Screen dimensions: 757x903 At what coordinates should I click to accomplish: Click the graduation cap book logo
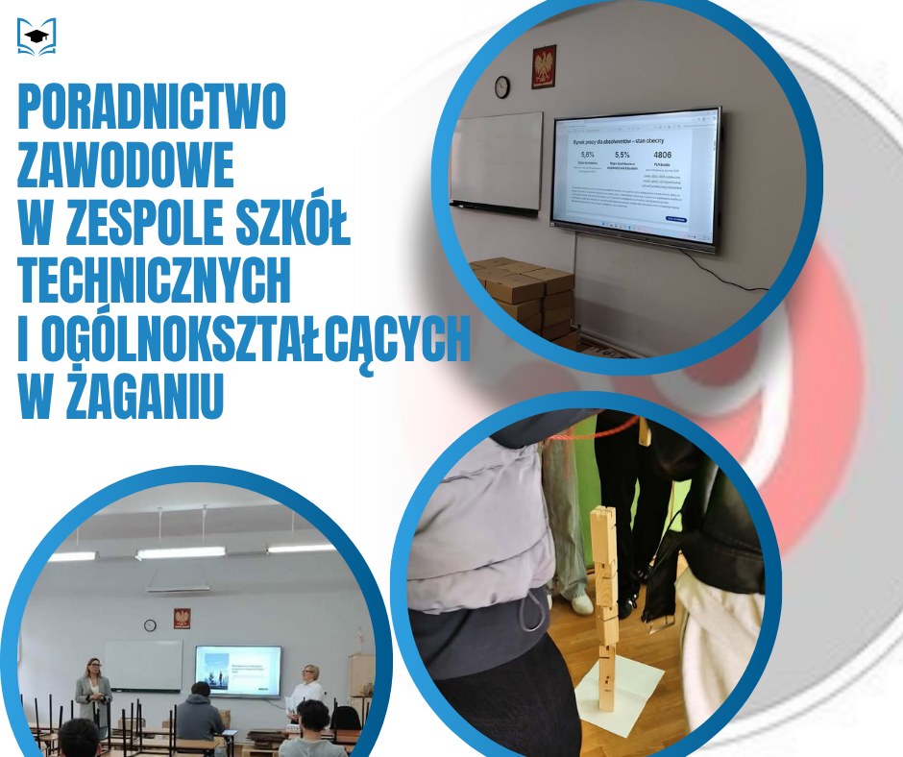pos(37,37)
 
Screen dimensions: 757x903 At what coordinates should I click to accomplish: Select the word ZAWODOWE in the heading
pos(125,166)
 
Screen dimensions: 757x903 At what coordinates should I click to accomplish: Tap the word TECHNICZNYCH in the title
pos(154,281)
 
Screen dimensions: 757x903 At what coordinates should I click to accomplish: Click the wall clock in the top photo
pos(501,86)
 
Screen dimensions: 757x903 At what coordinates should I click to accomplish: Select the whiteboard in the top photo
pos(497,160)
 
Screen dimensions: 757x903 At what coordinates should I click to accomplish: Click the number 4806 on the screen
pos(662,154)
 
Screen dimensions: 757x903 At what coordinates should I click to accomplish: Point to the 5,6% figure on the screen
pos(588,154)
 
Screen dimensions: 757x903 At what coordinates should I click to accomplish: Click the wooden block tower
pos(603,605)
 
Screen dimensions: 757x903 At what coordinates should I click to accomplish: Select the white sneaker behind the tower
pos(582,603)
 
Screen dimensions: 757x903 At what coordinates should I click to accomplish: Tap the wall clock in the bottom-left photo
pos(150,624)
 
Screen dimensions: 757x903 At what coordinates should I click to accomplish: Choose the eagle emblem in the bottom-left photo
pos(182,618)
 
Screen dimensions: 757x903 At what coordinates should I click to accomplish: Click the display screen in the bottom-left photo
pos(238,670)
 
